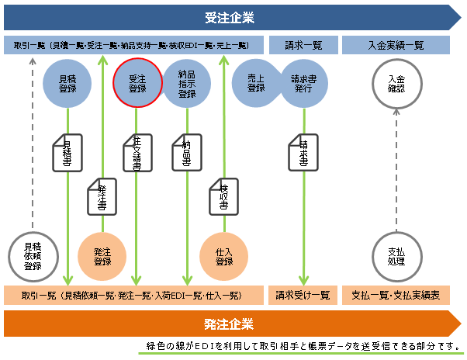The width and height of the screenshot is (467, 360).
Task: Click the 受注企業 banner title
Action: (x=230, y=17)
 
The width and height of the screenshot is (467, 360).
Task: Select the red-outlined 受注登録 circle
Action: (x=137, y=84)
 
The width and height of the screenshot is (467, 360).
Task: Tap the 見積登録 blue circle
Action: (x=68, y=84)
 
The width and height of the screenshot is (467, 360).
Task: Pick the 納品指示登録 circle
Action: (x=187, y=84)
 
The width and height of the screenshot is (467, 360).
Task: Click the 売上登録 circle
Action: (x=256, y=84)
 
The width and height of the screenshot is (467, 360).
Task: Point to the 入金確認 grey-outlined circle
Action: (x=396, y=84)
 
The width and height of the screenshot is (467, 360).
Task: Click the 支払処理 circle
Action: (x=396, y=256)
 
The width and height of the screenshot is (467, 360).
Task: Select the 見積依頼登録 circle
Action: (x=33, y=256)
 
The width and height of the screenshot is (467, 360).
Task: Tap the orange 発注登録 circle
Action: (x=102, y=257)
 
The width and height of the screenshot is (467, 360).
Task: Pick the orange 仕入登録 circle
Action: (x=224, y=257)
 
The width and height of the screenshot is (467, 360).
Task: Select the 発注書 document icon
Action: (x=102, y=197)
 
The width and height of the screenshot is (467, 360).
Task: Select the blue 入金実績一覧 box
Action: (x=396, y=46)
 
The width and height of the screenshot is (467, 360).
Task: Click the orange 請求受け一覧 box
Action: (x=303, y=296)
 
